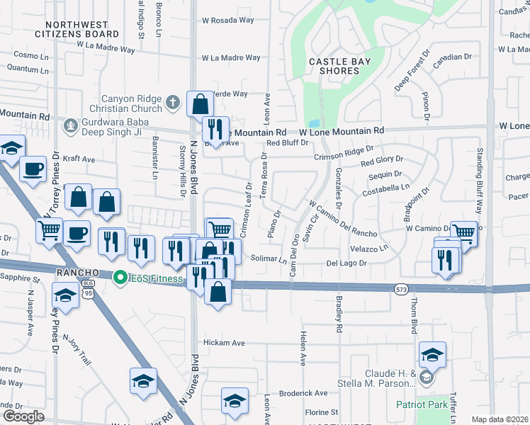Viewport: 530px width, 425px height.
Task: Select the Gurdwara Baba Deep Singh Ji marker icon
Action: point(69,126)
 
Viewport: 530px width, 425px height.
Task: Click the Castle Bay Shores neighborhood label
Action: point(340,66)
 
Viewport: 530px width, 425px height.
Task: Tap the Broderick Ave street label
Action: point(303,392)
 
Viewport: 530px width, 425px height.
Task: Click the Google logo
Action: point(23,416)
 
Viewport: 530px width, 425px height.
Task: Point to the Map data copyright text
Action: point(500,419)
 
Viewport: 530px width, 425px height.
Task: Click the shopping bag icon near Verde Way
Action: point(201,104)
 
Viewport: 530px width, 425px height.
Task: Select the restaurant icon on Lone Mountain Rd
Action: point(215,129)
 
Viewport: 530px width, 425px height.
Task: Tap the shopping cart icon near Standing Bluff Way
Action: point(463,232)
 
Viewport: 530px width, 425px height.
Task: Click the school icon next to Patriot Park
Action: point(432,354)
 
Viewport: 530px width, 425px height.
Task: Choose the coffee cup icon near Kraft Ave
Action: point(33,169)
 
